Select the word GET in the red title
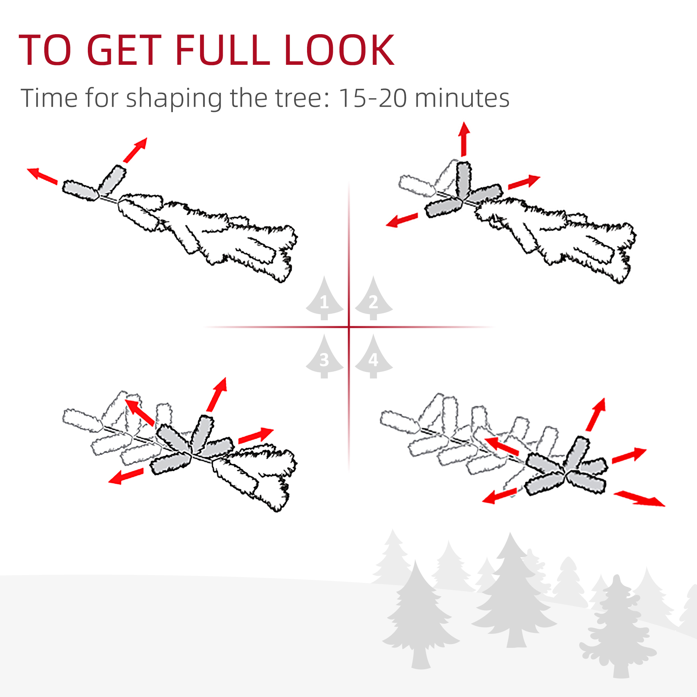[x=124, y=50]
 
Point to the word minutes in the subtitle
[x=462, y=98]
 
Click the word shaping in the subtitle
[x=174, y=99]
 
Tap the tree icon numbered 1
[x=324, y=298]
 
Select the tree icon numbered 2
[x=374, y=298]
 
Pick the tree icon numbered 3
[x=324, y=356]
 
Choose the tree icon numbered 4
[x=374, y=356]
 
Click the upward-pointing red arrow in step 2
[x=464, y=139]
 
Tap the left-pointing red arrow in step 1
[x=42, y=176]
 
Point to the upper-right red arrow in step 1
[x=135, y=150]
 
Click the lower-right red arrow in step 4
[x=639, y=499]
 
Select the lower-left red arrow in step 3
[x=126, y=476]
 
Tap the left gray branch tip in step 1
[x=81, y=191]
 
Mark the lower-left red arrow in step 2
[x=402, y=220]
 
